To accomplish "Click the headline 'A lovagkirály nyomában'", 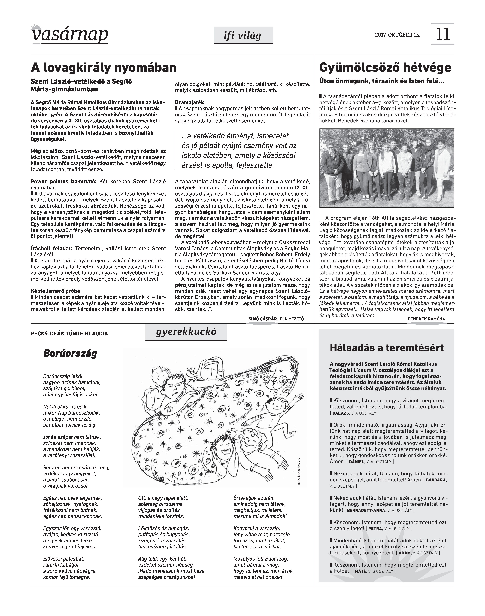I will pos(104,68).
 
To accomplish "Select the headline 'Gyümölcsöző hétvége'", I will pos(385,68).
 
